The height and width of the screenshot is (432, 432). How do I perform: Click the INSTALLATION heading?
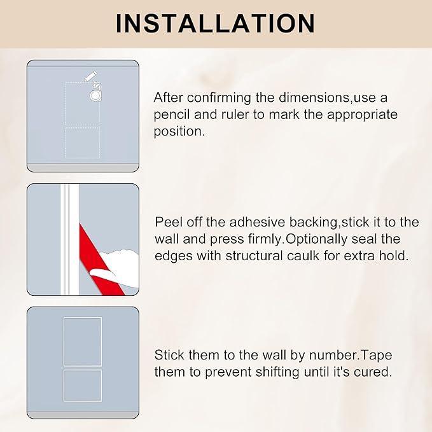pyautogui.click(x=216, y=23)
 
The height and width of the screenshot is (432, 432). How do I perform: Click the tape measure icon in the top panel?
pyautogui.click(x=95, y=92)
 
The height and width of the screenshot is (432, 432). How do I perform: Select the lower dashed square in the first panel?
pyautogui.click(x=83, y=143)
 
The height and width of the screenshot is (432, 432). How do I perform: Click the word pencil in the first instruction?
pyautogui.click(x=173, y=116)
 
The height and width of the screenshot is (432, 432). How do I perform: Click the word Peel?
pyautogui.click(x=169, y=223)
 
